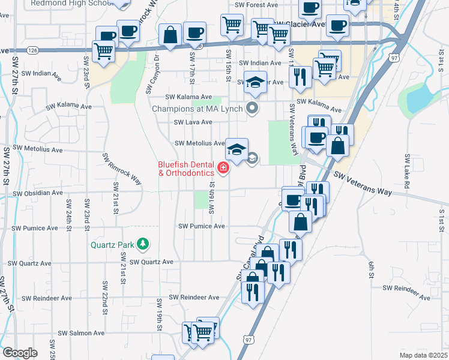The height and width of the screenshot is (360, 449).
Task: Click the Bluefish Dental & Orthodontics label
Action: click(186, 169)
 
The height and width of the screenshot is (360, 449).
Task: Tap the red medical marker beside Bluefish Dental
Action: click(223, 168)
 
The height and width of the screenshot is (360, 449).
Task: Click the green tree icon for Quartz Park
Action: click(143, 244)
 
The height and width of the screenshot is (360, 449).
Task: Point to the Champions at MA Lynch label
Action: click(197, 109)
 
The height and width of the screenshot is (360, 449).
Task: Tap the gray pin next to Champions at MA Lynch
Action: click(253, 109)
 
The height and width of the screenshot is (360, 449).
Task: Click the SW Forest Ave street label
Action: click(256, 5)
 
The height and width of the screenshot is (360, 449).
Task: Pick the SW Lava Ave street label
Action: click(193, 122)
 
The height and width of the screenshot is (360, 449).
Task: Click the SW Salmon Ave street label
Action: click(81, 333)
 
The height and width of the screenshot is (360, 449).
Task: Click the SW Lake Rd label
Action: click(406, 172)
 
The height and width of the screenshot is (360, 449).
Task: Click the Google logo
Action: click(20, 353)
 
